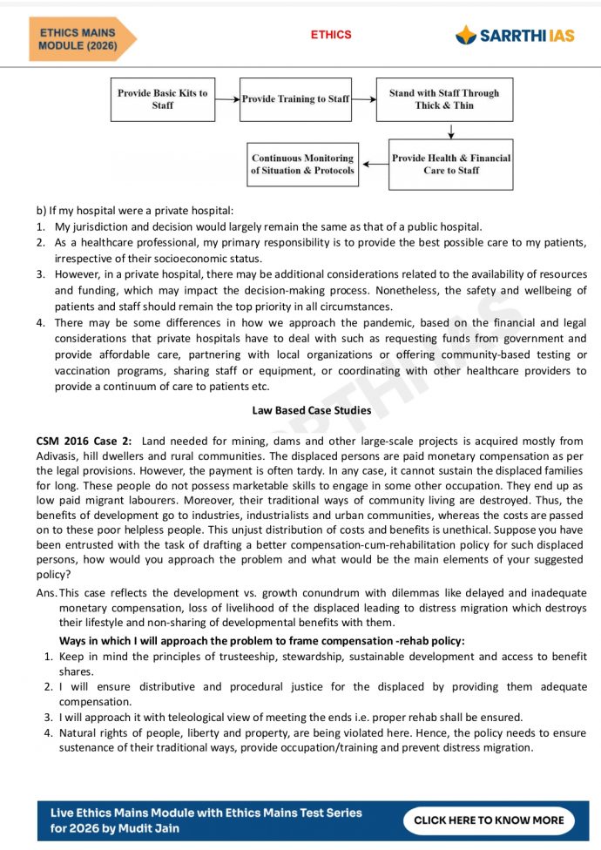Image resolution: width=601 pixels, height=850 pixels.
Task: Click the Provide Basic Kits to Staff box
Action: (x=163, y=99)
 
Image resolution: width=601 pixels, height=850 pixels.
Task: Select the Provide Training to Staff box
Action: (x=295, y=99)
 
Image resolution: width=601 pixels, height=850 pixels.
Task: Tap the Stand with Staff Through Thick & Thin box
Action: (x=444, y=99)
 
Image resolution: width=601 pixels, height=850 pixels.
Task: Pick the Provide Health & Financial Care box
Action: (x=450, y=165)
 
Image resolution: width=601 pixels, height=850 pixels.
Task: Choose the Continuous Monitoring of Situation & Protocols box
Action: (x=302, y=165)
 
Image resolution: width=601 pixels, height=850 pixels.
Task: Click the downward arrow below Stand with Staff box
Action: (x=450, y=131)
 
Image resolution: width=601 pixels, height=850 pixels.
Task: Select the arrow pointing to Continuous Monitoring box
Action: (x=375, y=165)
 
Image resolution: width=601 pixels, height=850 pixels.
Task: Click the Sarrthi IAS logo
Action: (x=515, y=35)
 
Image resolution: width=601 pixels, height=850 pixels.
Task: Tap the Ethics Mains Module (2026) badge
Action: (x=79, y=39)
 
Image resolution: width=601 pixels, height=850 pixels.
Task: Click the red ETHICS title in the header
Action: (x=331, y=35)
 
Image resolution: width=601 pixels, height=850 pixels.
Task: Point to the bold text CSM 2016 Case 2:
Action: (x=84, y=442)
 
